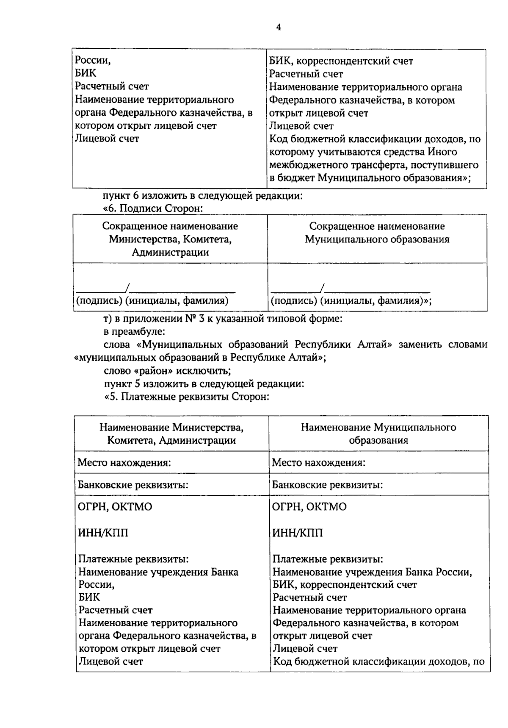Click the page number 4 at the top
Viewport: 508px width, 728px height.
point(279,28)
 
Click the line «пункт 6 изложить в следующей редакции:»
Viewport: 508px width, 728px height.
point(203,196)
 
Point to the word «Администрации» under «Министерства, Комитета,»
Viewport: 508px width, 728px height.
point(170,253)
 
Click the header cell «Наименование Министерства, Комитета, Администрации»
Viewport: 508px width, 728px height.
point(171,433)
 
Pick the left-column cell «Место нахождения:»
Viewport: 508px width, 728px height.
point(124,462)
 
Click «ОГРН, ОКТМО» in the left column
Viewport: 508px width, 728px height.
point(115,507)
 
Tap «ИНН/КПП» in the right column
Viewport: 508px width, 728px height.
point(297,533)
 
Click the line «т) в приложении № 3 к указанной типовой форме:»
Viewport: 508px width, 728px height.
point(223,319)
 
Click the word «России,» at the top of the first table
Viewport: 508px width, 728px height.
point(93,60)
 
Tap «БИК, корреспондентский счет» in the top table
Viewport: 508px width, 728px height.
point(341,61)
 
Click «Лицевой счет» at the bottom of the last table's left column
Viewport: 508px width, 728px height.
point(111,661)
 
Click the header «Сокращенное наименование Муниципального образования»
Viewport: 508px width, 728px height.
point(377,233)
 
